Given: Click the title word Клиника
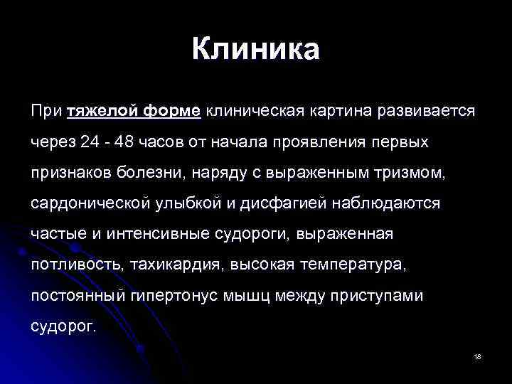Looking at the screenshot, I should (256, 50).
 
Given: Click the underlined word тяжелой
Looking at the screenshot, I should (100, 112).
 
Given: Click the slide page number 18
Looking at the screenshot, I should (477, 356).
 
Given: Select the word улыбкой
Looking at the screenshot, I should (183, 203).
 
